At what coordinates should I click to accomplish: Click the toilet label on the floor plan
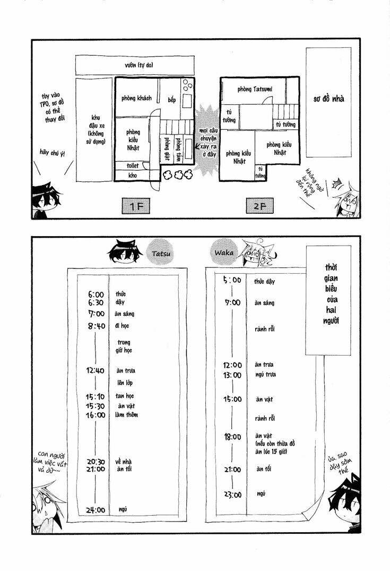pos(132,166)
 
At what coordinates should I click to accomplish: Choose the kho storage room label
pos(132,174)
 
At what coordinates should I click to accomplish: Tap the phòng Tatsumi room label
pos(255,89)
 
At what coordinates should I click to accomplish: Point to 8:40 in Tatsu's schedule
pos(96,326)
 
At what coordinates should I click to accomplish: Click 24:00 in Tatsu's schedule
pos(96,510)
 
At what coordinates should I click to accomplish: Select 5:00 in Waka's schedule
pos(231,280)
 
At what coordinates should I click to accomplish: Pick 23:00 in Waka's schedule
pos(232,494)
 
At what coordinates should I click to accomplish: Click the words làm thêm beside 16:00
pos(126,415)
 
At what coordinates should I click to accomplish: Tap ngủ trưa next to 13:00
pos(265,374)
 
